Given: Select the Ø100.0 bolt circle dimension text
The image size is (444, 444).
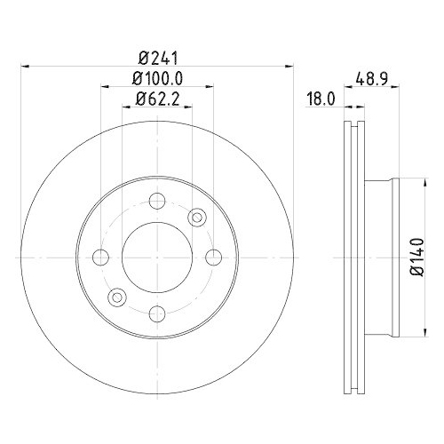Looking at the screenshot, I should pos(155,78).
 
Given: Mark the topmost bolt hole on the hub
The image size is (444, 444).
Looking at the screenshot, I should pos(156,200).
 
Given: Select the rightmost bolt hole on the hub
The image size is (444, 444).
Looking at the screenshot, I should pos(213,257).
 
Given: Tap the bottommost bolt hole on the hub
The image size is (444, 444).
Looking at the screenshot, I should pos(156,313).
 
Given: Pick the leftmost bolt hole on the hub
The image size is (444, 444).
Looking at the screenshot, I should pos(100,257).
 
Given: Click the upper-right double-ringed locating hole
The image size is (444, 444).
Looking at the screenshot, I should pos(197,216).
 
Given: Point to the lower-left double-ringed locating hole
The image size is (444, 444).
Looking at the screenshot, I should pos(115,297).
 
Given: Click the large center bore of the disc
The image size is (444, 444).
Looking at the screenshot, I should pos(156,257).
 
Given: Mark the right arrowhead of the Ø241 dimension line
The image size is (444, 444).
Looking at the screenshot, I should pos(289,65).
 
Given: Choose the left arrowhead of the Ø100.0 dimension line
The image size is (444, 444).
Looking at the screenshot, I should pos(103,87).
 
